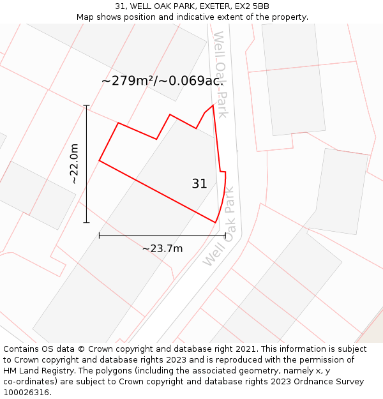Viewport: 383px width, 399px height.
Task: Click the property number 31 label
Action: (199, 184)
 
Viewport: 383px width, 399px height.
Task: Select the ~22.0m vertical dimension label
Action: (74, 164)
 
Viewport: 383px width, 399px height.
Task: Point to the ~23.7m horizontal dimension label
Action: (162, 248)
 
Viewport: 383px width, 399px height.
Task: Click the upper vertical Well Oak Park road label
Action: (220, 74)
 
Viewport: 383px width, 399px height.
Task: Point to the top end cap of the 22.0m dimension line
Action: (86, 105)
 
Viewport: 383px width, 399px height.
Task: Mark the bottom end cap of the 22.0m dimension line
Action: (86, 223)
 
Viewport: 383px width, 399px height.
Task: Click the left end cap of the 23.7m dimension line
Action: (99, 236)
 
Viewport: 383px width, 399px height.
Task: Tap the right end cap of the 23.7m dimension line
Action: (225, 236)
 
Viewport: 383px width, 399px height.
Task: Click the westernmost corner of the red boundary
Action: (99, 160)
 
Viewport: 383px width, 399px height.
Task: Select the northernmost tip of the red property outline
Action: (213, 105)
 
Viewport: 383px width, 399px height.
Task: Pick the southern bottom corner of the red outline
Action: (215, 222)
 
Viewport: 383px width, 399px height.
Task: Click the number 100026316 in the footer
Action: (26, 393)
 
